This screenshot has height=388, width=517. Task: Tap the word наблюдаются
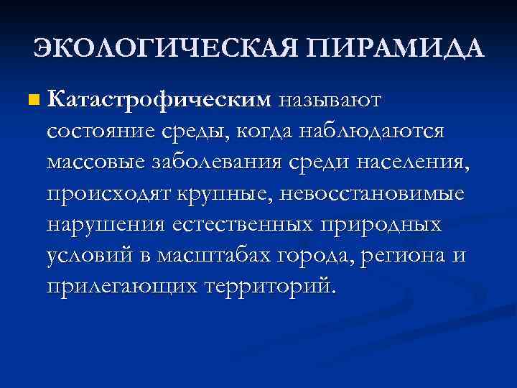371,131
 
